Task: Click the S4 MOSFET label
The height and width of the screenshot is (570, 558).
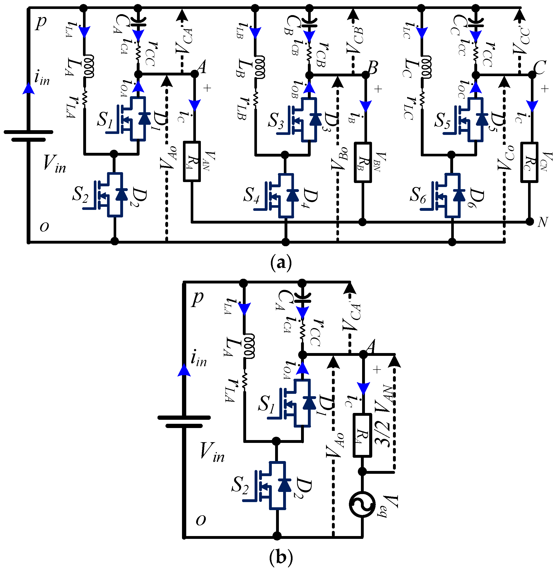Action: (x=252, y=195)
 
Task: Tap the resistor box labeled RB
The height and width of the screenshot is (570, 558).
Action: (x=363, y=162)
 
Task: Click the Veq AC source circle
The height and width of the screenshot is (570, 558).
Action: (x=362, y=504)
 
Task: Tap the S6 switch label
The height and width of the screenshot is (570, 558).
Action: (x=418, y=195)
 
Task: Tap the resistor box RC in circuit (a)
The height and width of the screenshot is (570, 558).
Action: (x=529, y=162)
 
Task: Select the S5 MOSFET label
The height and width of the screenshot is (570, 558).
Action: (x=442, y=121)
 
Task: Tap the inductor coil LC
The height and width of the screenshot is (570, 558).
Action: (x=426, y=67)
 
